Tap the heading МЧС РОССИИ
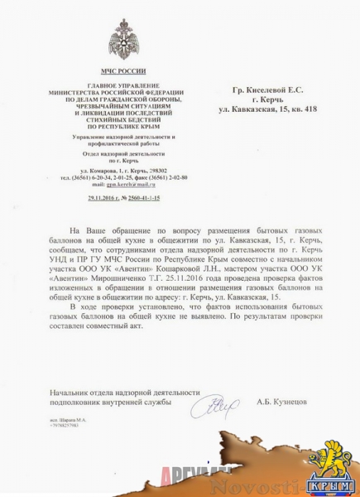click(x=117, y=72)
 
